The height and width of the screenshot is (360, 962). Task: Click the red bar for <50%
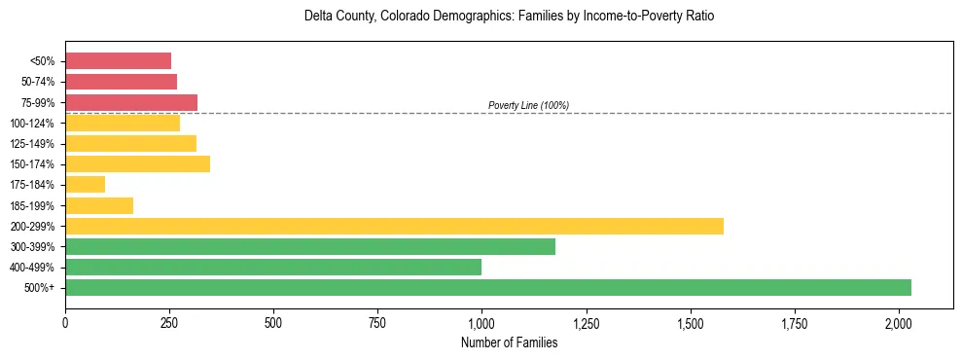[118, 61]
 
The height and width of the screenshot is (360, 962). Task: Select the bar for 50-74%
[121, 82]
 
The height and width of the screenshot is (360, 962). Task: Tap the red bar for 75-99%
[131, 102]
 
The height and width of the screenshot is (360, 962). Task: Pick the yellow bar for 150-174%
[137, 163]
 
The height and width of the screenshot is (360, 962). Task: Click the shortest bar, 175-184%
[85, 184]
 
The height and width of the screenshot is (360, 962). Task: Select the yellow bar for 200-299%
[394, 226]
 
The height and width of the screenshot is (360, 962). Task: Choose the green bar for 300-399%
[310, 246]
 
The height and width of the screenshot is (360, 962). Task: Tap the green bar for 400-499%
[273, 267]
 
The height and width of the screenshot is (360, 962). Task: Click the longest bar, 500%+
[488, 287]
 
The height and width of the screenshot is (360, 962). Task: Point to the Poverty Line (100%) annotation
[528, 105]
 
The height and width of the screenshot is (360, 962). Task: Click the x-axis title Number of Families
[509, 342]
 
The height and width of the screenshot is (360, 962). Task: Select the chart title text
[509, 17]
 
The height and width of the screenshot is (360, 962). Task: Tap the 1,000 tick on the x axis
[481, 321]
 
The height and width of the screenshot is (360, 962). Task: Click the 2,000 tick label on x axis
[899, 321]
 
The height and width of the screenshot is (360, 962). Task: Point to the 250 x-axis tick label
[169, 321]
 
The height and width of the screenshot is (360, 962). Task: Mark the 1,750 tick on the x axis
[795, 321]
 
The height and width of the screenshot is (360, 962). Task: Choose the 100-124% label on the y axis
[33, 124]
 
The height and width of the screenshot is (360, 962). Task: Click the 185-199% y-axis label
[33, 205]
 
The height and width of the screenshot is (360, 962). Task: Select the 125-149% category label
[33, 144]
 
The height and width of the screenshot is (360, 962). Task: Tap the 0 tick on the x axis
[65, 321]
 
